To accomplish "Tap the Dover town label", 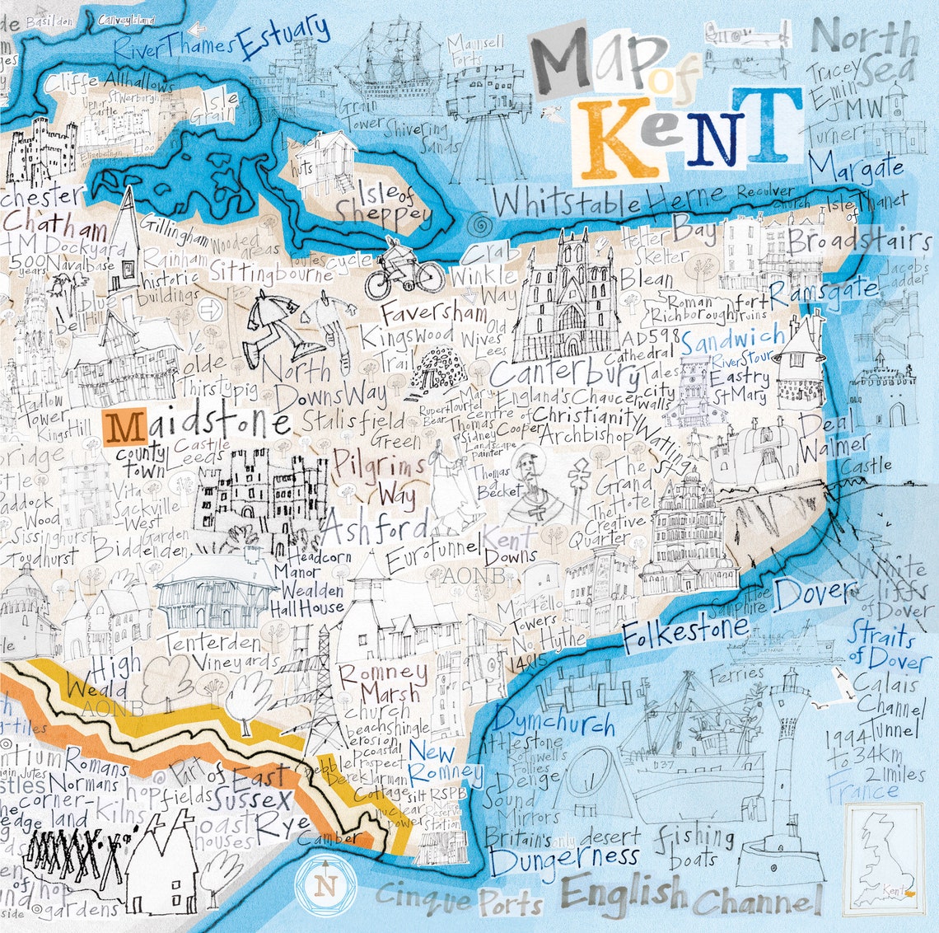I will click(x=815, y=592).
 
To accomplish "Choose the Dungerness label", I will click(x=563, y=858).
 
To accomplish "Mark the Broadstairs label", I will click(x=857, y=241).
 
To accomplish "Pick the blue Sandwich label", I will click(x=732, y=339).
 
